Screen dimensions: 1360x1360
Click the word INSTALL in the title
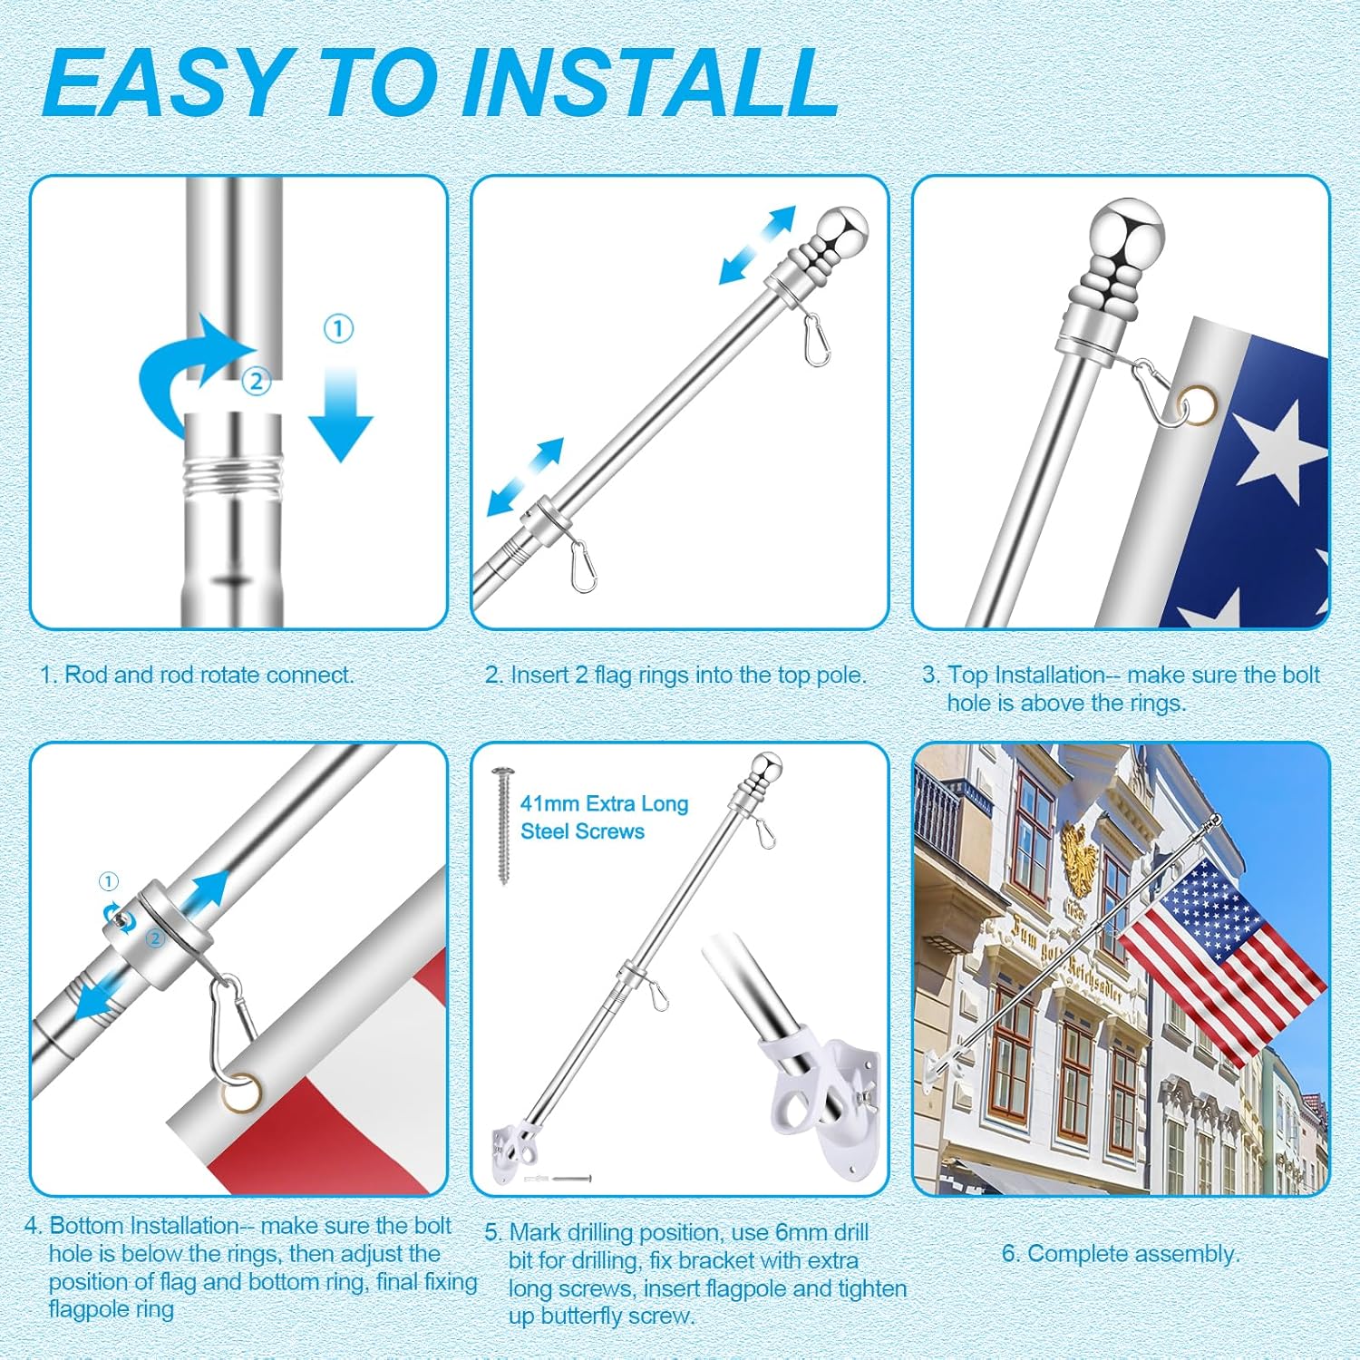click(x=650, y=83)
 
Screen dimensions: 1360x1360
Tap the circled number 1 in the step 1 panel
click(x=338, y=328)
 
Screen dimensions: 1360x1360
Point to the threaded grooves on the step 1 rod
click(x=234, y=475)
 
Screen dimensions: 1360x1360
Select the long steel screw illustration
click(x=503, y=825)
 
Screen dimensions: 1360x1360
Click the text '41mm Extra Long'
click(x=604, y=803)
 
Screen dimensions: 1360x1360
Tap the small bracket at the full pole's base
click(x=514, y=1154)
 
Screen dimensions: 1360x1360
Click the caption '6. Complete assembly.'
click(x=1120, y=1254)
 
